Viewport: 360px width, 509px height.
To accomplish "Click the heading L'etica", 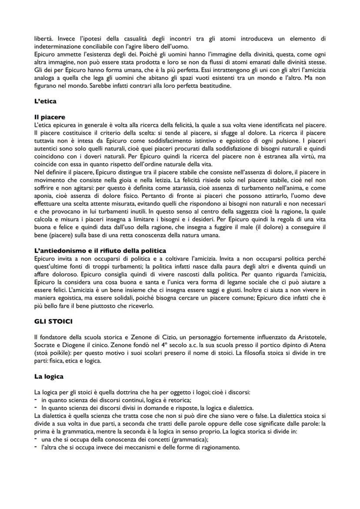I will (45, 101).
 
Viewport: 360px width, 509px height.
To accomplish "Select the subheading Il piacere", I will (50, 117).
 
